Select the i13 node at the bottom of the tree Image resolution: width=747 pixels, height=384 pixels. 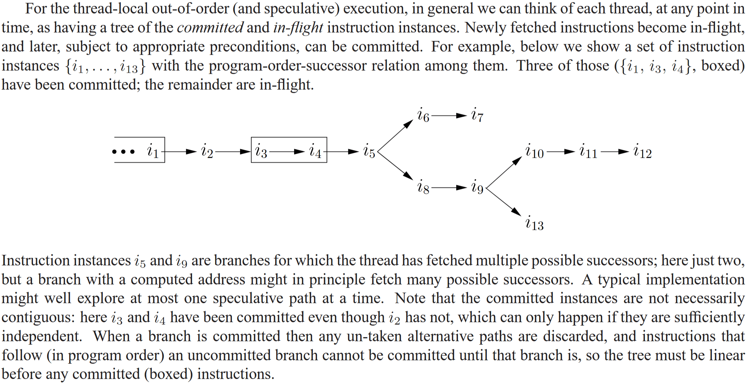coord(534,223)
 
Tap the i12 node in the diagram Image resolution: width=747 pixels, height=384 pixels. coord(642,152)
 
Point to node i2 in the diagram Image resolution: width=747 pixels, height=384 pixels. coord(207,152)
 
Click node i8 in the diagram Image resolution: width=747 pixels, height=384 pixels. coord(423,187)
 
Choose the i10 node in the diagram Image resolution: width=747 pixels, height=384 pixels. coord(534,152)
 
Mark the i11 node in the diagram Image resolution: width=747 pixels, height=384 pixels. coord(588,152)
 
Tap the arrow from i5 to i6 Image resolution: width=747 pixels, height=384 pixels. coord(395,136)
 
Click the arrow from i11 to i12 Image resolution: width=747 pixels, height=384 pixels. coord(615,152)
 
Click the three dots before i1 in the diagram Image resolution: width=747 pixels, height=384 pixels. coord(123,152)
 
